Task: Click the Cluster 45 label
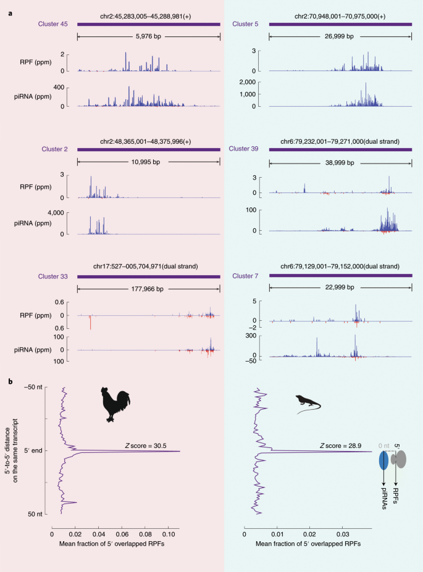point(53,24)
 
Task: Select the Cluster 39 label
point(243,149)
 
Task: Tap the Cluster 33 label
point(53,276)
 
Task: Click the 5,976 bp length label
point(149,36)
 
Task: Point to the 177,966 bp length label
point(148,289)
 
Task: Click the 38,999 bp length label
point(340,163)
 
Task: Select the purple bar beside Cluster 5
point(340,25)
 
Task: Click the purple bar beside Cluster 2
point(149,149)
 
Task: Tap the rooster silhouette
point(115,404)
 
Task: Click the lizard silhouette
point(308,404)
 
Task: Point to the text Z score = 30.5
point(146,446)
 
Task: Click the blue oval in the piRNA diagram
point(383,460)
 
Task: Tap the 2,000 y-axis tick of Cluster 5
point(248,82)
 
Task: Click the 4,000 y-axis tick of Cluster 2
point(56,213)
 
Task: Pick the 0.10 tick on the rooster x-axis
point(168,534)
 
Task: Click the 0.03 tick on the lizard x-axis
point(342,534)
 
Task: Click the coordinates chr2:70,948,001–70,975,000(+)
point(340,17)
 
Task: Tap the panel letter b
point(10,381)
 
